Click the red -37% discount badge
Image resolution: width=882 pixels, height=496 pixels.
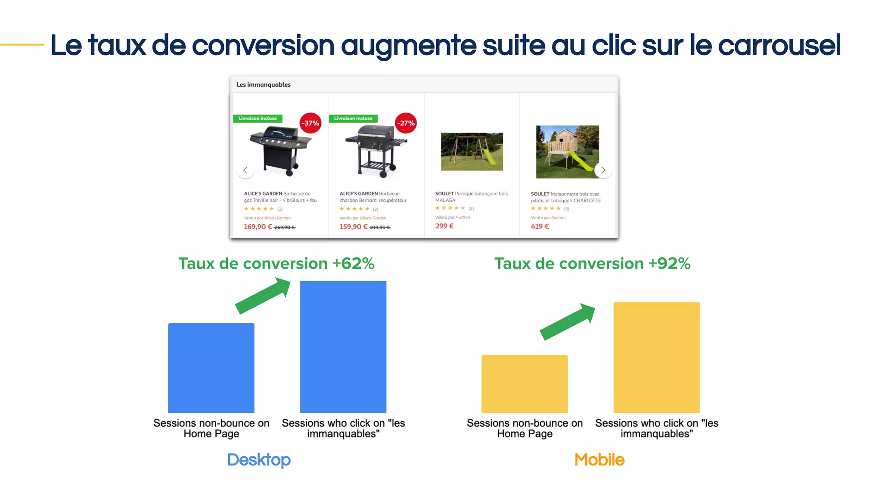point(310,123)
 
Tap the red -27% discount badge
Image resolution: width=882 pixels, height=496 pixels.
point(406,123)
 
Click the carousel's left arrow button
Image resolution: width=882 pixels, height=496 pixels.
point(245,170)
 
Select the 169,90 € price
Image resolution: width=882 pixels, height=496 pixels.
point(258,227)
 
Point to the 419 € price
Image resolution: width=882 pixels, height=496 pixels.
point(540,226)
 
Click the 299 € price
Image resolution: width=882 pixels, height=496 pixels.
point(444,226)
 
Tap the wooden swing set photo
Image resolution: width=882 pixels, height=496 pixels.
point(472,152)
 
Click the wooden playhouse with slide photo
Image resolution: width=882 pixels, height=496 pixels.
point(567,152)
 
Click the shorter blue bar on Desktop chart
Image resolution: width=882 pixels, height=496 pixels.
point(211,368)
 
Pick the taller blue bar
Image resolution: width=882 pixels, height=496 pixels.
point(343,347)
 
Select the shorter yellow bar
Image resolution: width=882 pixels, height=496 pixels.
point(525,384)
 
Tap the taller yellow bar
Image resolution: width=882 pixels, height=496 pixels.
point(656,357)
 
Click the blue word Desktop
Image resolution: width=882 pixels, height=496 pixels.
point(259,460)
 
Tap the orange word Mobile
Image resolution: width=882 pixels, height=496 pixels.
point(599,460)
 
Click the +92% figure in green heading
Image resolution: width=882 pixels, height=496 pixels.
point(669,263)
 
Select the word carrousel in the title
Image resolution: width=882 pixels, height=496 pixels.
point(780,45)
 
